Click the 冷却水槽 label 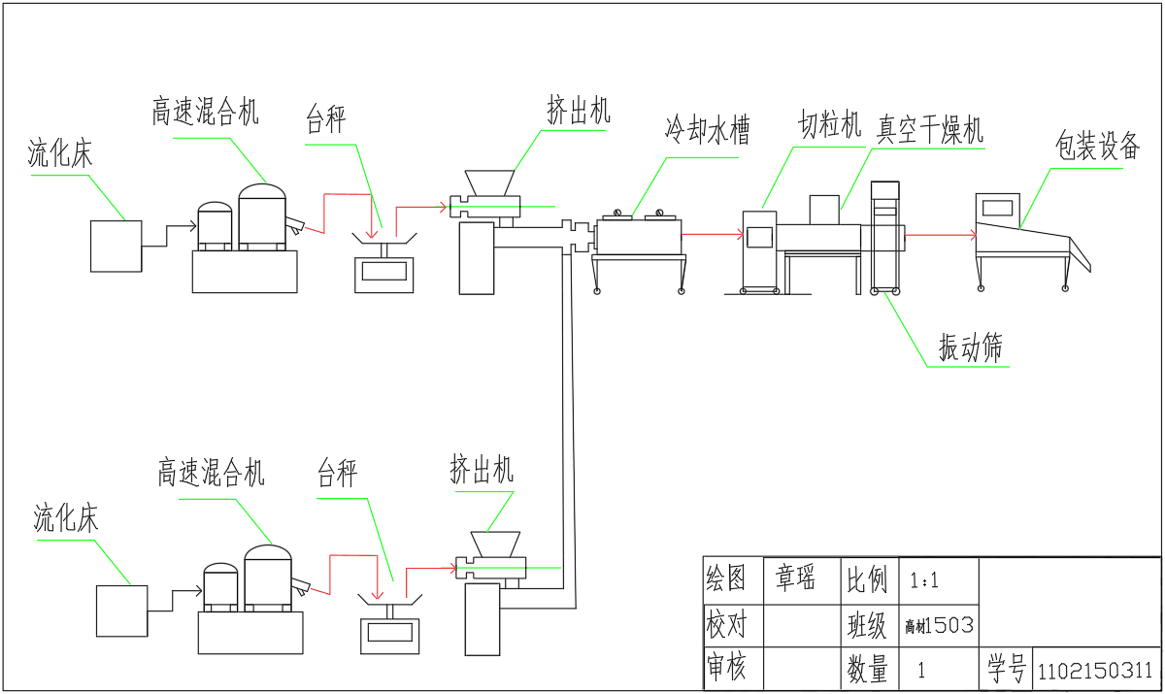(707, 129)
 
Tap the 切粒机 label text (830, 125)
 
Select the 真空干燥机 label (930, 129)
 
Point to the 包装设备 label (1097, 147)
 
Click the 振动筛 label (970, 347)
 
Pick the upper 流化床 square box (116, 246)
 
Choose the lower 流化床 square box (121, 611)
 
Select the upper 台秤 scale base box (383, 273)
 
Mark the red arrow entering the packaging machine (942, 235)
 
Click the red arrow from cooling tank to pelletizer (714, 234)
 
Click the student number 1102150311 (1095, 671)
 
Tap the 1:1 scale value (924, 581)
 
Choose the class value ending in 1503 (938, 625)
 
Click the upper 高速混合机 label (205, 111)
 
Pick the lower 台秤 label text (338, 474)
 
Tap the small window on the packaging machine (995, 207)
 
